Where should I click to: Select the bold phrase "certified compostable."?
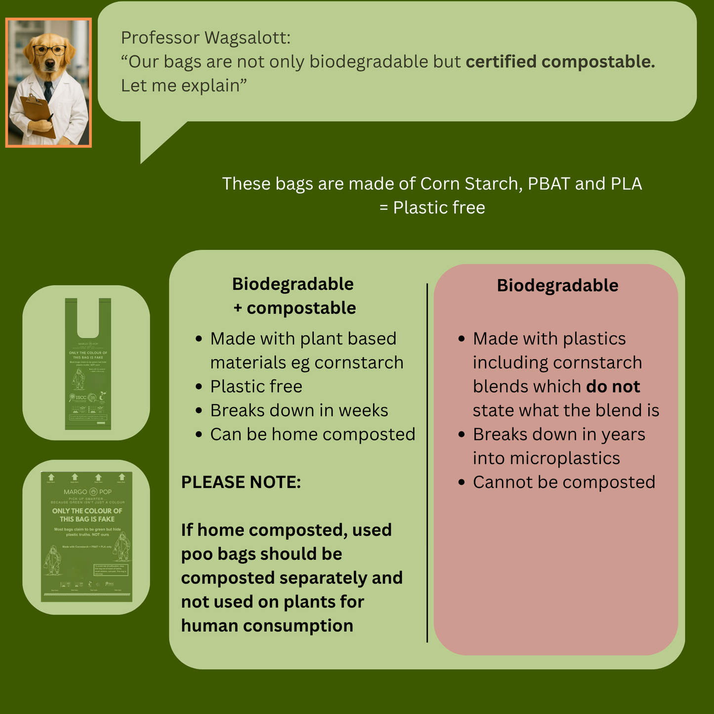point(560,62)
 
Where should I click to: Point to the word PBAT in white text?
point(548,184)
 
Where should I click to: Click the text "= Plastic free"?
point(432,208)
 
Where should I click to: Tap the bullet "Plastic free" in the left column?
point(256,386)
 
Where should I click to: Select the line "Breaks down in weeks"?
point(299,411)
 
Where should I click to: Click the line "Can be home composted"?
point(312,434)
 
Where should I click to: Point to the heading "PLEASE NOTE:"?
point(241,482)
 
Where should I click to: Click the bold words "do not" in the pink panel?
point(613,386)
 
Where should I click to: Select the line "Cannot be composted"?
point(564,482)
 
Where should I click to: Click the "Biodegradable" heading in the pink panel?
point(557,286)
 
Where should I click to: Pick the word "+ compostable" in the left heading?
point(294,308)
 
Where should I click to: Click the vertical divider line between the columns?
point(427,462)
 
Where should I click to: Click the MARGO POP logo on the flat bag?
point(87,492)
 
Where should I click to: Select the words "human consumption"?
point(267,626)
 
